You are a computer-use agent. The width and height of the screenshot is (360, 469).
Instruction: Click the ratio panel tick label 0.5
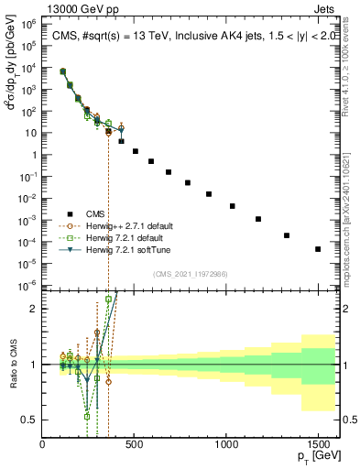tap(30, 420)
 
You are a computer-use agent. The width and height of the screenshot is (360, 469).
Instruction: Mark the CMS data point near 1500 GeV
tap(318, 249)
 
